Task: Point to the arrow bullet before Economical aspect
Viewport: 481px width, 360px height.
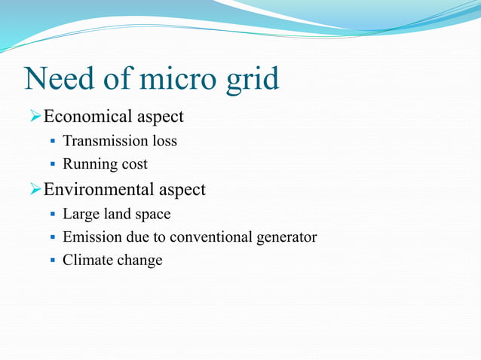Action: (34, 117)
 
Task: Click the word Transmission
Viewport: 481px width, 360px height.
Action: (104, 141)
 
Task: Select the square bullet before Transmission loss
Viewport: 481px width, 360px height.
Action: (53, 142)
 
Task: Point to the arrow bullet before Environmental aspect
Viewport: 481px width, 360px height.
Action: (34, 190)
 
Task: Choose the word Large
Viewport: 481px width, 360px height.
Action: (80, 215)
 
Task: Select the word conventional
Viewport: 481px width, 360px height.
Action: (210, 237)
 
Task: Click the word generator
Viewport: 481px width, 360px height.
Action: (286, 238)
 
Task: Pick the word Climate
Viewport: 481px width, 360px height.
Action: (87, 261)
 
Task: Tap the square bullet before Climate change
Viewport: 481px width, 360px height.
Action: (53, 261)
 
